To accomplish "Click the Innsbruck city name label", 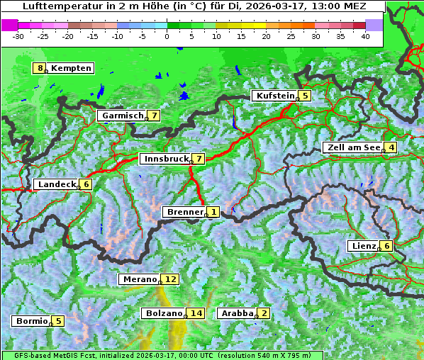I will click(165, 159).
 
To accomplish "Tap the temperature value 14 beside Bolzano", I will click(196, 313).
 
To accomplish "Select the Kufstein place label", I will click(274, 96).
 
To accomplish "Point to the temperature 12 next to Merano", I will click(171, 279).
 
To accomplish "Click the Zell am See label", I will click(352, 147).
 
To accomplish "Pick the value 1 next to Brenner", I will click(213, 212).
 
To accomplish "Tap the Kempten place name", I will click(72, 68).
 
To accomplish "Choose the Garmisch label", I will click(123, 116).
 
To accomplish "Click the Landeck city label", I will click(57, 184).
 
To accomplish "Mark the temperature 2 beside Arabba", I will click(264, 313).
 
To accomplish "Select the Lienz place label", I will click(364, 246).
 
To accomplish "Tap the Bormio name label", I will click(32, 321).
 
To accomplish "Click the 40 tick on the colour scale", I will click(365, 35).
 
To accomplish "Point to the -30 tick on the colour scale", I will click(18, 35).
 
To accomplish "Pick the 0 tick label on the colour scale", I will click(167, 35).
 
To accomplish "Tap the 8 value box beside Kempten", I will click(40, 68).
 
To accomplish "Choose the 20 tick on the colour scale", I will click(266, 35).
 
